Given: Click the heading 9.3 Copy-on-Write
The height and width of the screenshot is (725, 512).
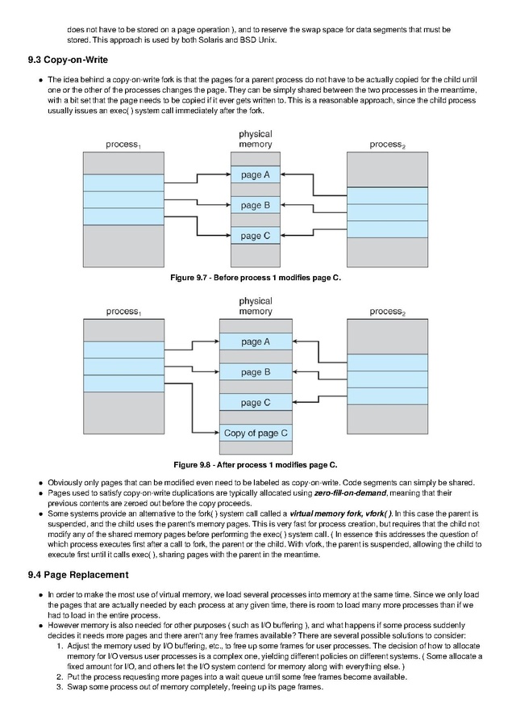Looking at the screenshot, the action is (x=68, y=60).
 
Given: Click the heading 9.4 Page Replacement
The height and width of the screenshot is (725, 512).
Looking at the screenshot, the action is (x=78, y=575).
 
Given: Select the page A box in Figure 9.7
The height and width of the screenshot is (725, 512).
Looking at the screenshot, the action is (x=256, y=174).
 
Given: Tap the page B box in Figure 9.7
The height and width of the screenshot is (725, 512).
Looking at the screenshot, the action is (x=256, y=205).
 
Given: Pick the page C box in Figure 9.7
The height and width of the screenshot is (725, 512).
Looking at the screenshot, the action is (x=256, y=236).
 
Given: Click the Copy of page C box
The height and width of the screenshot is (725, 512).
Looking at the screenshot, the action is (x=256, y=434).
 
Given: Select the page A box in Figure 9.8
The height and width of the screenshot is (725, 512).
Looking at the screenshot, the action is (x=256, y=342).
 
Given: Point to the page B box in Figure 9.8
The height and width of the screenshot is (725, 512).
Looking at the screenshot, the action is (x=256, y=372).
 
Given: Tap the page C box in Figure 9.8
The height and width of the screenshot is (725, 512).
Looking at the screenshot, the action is (x=256, y=403).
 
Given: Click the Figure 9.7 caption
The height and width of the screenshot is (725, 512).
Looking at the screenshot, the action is (x=256, y=278).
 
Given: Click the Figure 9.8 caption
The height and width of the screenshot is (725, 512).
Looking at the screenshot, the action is (x=256, y=465).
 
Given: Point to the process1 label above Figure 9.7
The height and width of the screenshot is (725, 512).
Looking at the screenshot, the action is (x=123, y=145).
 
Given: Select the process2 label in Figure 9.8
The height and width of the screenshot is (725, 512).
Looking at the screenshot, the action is (x=387, y=312).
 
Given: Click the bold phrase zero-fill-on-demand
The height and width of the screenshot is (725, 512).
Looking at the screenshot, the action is (x=351, y=493).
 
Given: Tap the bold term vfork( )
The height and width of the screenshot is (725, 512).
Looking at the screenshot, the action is (x=378, y=513).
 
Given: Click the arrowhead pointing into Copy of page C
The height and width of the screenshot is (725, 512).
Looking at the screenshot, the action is (x=217, y=433).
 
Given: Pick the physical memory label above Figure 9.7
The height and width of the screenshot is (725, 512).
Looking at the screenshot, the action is (x=256, y=139).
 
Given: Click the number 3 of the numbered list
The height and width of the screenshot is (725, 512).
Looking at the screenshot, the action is (x=60, y=687).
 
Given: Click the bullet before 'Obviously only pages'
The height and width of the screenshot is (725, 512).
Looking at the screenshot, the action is (x=41, y=483).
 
